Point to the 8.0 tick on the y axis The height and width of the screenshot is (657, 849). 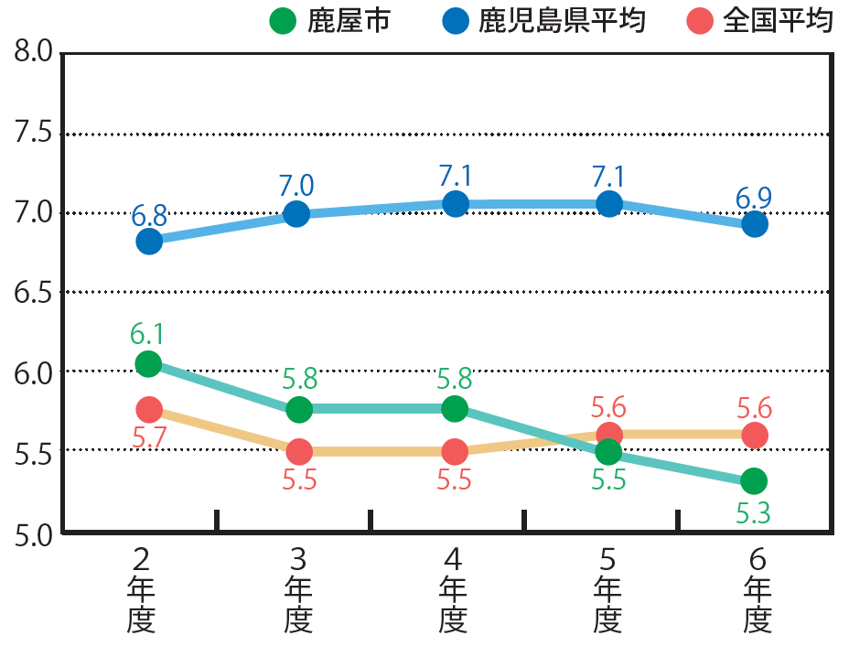tap(32, 53)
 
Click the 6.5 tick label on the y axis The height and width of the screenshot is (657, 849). tap(32, 293)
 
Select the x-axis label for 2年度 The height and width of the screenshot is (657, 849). tap(141, 590)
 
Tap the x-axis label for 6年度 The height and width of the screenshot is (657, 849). tap(756, 590)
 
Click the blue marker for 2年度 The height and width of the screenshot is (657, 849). tap(149, 242)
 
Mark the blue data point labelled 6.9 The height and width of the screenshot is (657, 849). tap(755, 223)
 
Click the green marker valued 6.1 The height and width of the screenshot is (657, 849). tap(148, 363)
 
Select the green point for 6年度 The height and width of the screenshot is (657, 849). tap(754, 480)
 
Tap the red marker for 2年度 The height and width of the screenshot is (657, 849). tap(149, 409)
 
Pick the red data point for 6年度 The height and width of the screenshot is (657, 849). tap(755, 436)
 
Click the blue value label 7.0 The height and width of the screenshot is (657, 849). tap(296, 186)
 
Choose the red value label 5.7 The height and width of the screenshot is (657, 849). tap(148, 438)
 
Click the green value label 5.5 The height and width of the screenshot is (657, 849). tap(608, 479)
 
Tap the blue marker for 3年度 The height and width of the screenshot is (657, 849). tap(296, 214)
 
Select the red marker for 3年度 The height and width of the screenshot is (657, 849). tap(299, 451)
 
